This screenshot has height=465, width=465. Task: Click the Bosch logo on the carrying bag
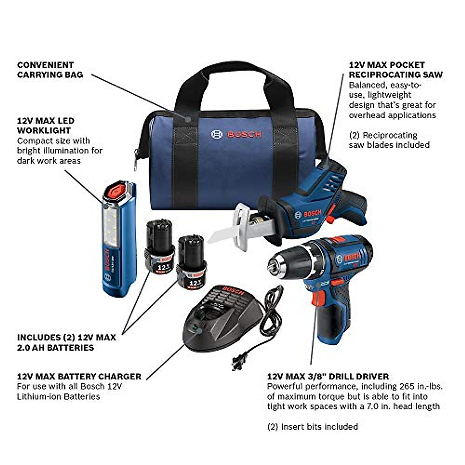click(236, 134)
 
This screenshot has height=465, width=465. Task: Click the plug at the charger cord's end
click(237, 363)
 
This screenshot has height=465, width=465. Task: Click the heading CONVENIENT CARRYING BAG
click(50, 70)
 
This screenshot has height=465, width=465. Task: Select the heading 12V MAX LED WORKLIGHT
click(45, 126)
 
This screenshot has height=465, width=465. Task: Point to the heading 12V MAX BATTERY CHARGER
click(79, 376)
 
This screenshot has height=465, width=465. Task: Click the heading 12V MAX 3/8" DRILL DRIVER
click(328, 376)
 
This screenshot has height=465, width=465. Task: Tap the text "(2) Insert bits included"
click(312, 427)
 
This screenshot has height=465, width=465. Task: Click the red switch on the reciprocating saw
click(331, 220)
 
